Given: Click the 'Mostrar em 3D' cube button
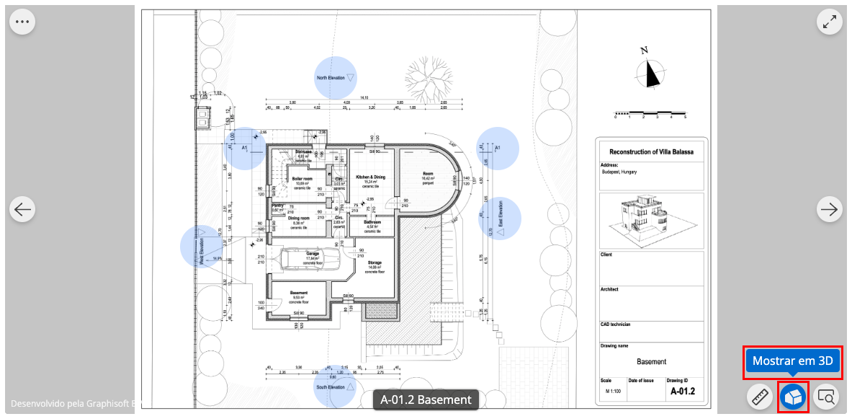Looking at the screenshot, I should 794,397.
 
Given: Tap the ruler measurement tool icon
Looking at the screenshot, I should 760,397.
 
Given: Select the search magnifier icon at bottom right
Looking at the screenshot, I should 826,397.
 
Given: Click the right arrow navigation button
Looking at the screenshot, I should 830,209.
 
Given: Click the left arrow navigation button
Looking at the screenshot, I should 22,209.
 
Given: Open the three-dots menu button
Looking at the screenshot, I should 22,22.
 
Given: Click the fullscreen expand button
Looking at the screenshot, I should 830,22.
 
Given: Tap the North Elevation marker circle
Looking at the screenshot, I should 336,77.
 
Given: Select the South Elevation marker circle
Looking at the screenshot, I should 336,386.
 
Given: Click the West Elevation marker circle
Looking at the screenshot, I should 202,246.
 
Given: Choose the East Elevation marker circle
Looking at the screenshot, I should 499,218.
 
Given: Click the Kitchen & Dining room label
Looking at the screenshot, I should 370,177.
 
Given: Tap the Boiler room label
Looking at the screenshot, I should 302,179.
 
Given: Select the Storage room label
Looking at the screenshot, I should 374,263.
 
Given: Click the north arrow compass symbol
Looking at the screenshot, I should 651,71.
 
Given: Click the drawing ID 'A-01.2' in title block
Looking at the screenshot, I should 682,392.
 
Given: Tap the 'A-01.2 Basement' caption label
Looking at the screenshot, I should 426,400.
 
